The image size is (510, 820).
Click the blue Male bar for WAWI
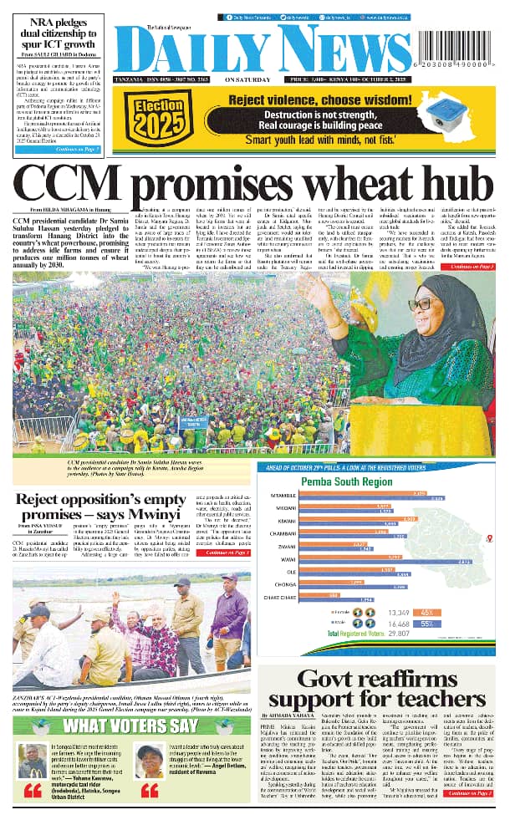(390, 561)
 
